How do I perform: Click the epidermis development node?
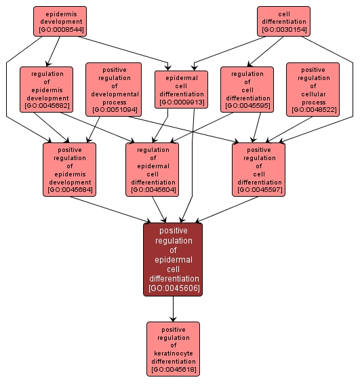coord(60,21)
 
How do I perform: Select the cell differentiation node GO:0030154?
coord(283,21)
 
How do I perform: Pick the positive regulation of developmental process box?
coord(113,89)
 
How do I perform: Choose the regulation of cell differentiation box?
coord(247,89)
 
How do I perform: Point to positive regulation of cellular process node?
coord(313,89)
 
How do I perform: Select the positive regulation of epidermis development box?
coord(70,169)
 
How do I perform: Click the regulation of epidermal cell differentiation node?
coord(153,169)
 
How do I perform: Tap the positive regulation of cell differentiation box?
coord(258,169)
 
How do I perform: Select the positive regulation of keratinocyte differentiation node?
coord(173,349)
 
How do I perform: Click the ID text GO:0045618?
coord(173,370)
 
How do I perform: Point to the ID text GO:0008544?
coord(60,30)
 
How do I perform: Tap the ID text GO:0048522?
coord(313,109)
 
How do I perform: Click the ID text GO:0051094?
coord(113,109)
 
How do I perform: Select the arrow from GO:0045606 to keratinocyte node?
coord(173,309)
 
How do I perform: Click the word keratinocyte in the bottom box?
coord(173,353)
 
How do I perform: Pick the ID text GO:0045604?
coord(153,190)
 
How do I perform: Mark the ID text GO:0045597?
coord(258,190)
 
